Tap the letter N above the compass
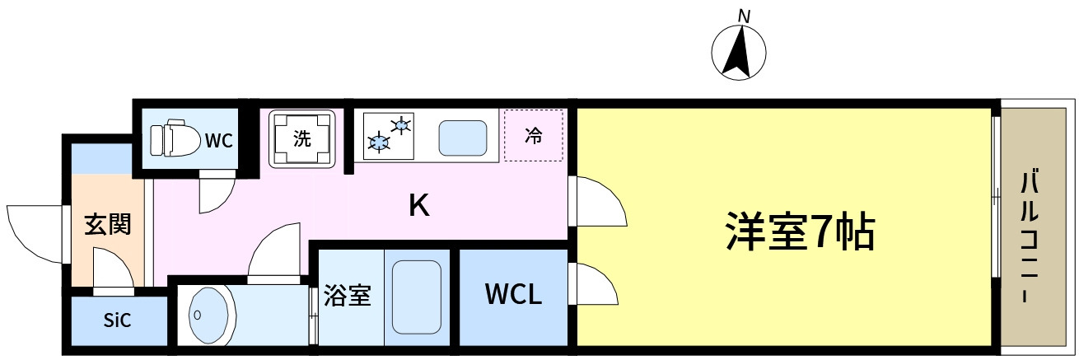[745, 16]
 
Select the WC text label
[219, 140]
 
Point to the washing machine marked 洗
[302, 139]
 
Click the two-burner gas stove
[389, 136]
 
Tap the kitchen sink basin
[462, 138]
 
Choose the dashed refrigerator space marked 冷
[533, 135]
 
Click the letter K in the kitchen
[418, 205]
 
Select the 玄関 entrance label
[107, 224]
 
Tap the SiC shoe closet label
[117, 320]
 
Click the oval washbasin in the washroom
[213, 316]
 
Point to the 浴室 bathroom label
[347, 296]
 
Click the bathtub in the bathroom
[417, 297]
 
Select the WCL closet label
[513, 294]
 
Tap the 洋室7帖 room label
[800, 232]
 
